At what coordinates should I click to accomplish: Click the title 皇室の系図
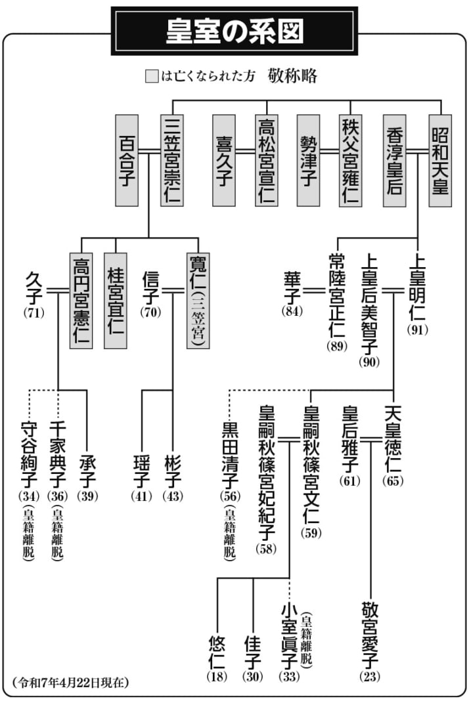pos(234,32)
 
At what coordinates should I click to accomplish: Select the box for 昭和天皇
pos(440,161)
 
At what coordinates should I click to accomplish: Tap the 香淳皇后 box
pos(395,161)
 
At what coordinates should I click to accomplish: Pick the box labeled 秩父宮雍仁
pos(350,161)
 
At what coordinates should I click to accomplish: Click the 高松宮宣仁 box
pos(267,161)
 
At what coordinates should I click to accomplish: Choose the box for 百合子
pos(127,161)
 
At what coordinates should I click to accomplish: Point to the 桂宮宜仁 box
pos(116,301)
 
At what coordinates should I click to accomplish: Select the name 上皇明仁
pos(417,288)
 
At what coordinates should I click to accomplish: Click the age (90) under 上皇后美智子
pos(369,362)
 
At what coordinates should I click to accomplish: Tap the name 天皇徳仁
pos(393,438)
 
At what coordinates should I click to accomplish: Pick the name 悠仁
pos(217,652)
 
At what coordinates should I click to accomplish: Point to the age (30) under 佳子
pos(253,676)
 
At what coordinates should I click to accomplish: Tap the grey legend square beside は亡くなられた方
pos(152,76)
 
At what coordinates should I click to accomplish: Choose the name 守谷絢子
pos(29,455)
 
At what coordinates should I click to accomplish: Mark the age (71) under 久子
pos(34,312)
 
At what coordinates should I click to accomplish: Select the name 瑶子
pos(141,471)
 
